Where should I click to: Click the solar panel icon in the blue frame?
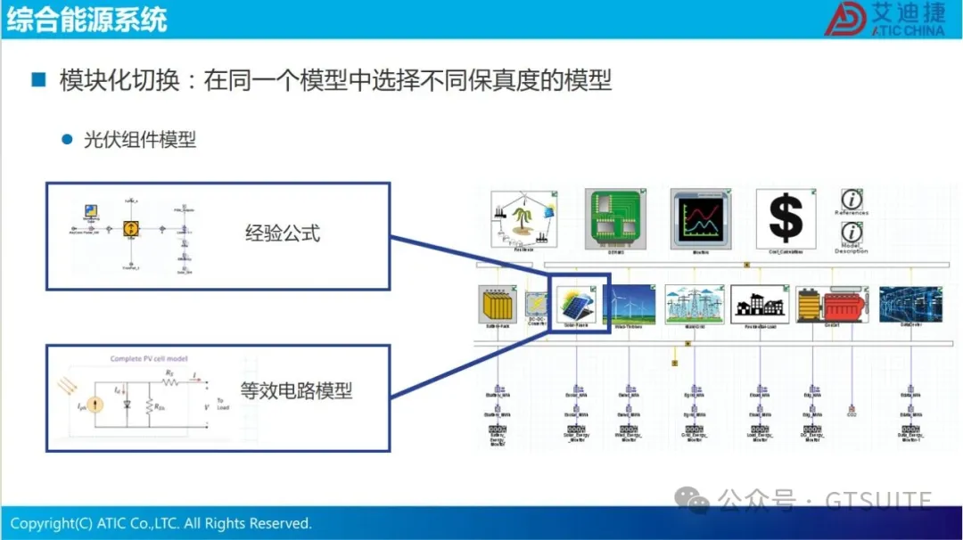pyautogui.click(x=579, y=306)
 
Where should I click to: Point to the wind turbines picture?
pyautogui.click(x=630, y=305)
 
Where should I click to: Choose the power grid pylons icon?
pyautogui.click(x=693, y=305)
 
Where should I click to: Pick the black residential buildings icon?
pyautogui.click(x=759, y=305)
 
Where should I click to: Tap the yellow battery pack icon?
pyautogui.click(x=498, y=306)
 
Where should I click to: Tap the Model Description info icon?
pyautogui.click(x=852, y=233)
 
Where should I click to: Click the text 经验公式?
pyautogui.click(x=282, y=234)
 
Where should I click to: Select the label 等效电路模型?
pyautogui.click(x=296, y=389)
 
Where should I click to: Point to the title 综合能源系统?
pyautogui.click(x=86, y=20)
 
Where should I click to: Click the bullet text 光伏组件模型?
pyautogui.click(x=140, y=140)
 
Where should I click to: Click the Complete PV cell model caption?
pyautogui.click(x=149, y=359)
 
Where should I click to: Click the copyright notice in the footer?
pyautogui.click(x=161, y=523)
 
